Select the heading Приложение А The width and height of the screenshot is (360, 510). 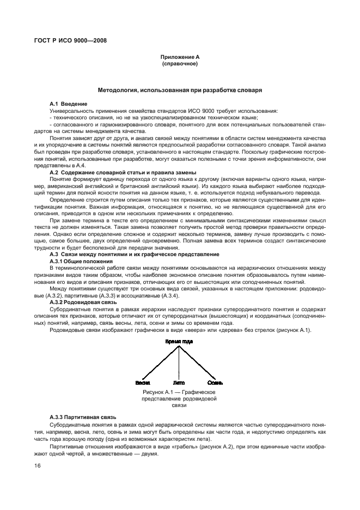pyautogui.click(x=179, y=57)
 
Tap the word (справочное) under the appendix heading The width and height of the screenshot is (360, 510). pyautogui.click(x=179, y=64)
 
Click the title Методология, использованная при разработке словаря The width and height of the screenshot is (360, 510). pyautogui.click(x=180, y=89)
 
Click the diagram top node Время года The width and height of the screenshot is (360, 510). pyautogui.click(x=180, y=341)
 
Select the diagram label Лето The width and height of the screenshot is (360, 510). pyautogui.click(x=179, y=382)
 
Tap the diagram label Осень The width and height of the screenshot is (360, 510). pyautogui.click(x=214, y=382)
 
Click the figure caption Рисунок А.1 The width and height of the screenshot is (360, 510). pyautogui.click(x=179, y=392)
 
